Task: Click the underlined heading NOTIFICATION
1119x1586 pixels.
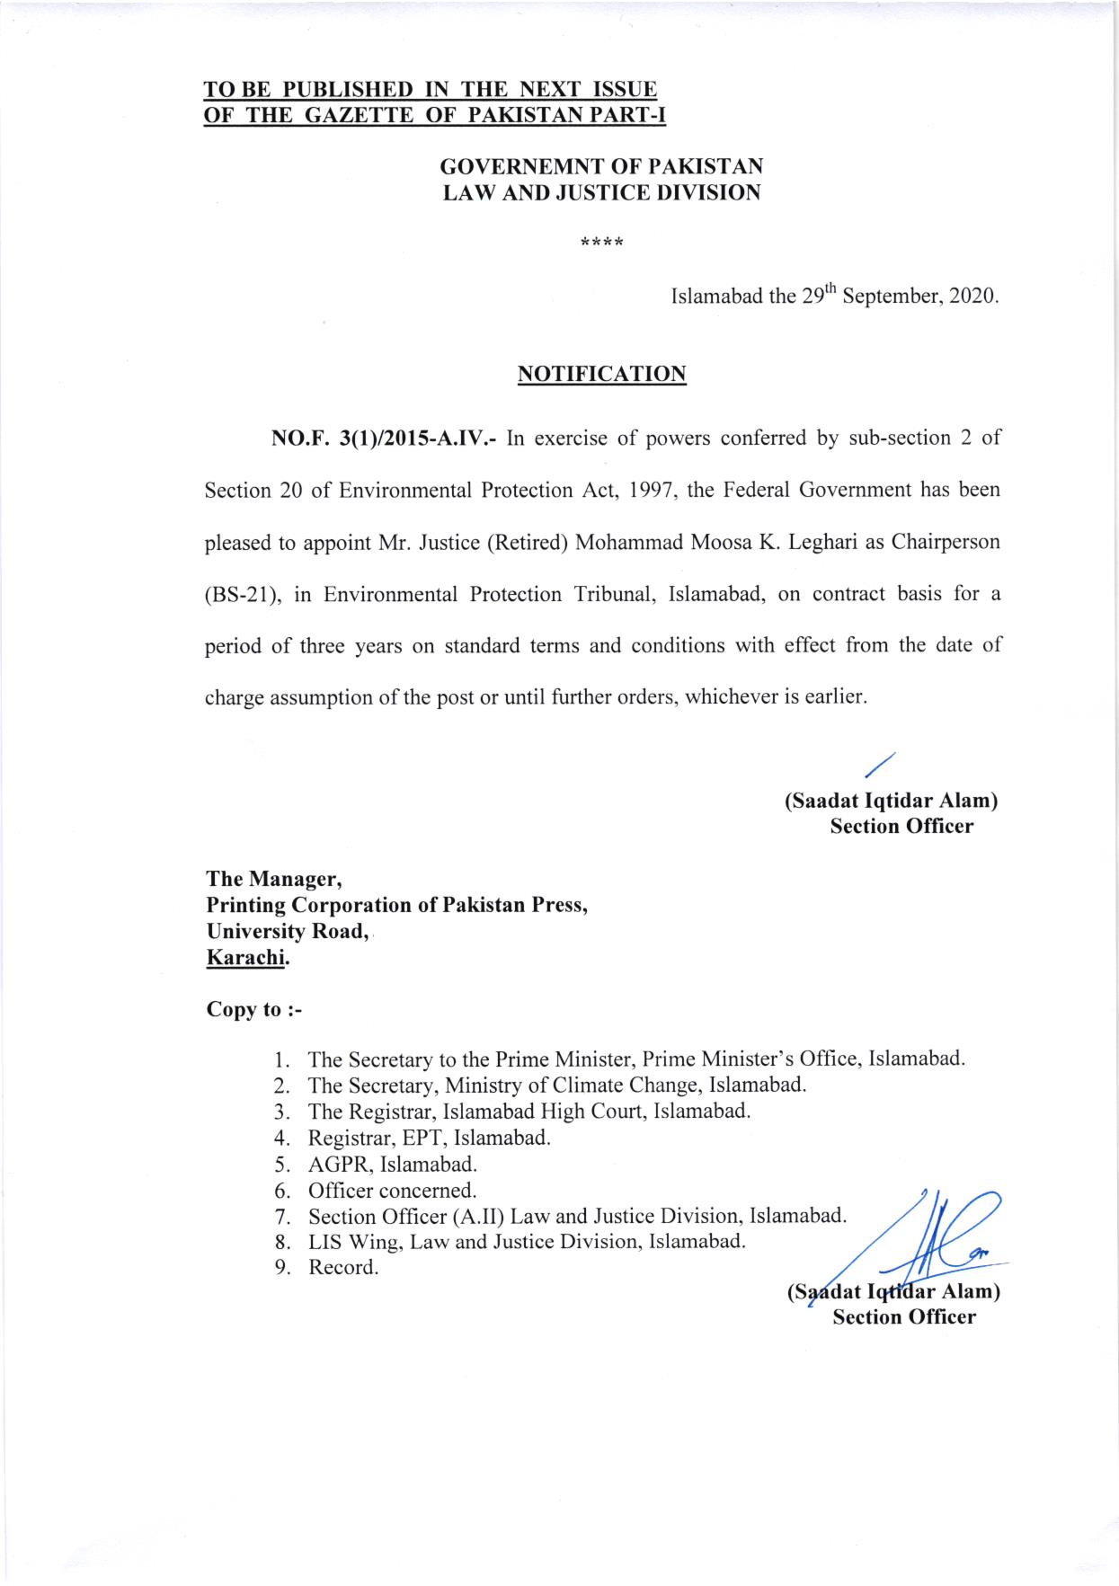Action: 602,374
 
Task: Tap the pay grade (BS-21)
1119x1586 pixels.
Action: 243,595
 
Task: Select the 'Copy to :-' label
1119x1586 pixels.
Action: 254,1009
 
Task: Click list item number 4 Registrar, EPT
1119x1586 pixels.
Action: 428,1138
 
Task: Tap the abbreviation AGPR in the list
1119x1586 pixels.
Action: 339,1165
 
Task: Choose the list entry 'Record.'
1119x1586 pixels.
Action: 343,1268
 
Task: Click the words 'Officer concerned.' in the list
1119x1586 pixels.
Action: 392,1191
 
